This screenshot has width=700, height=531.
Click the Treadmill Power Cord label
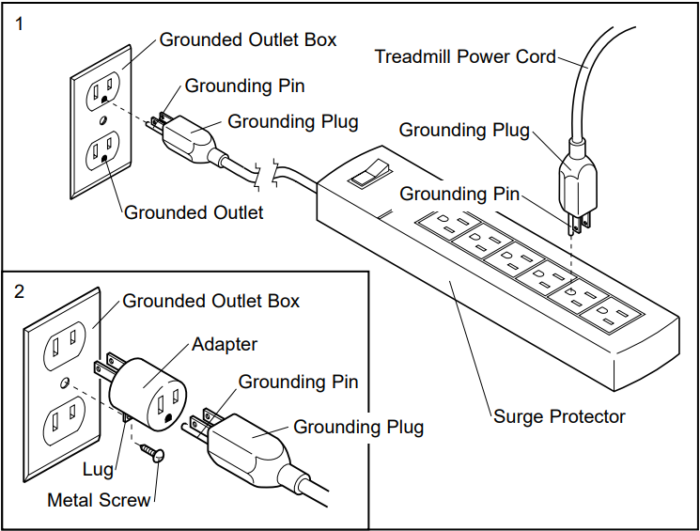pyautogui.click(x=465, y=56)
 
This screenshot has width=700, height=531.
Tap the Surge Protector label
pyautogui.click(x=559, y=415)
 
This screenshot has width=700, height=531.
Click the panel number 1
pyautogui.click(x=20, y=25)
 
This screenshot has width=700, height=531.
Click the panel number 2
pyautogui.click(x=20, y=290)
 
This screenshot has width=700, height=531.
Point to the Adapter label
pyautogui.click(x=225, y=344)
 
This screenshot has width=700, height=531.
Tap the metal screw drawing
pyautogui.click(x=151, y=453)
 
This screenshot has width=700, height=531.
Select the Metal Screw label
pyautogui.click(x=99, y=500)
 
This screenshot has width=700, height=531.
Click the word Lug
pyautogui.click(x=98, y=469)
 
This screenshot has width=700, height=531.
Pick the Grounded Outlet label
pyautogui.click(x=194, y=212)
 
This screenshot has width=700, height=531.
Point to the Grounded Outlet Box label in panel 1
pyautogui.click(x=247, y=39)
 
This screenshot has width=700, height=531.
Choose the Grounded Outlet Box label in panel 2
pyautogui.click(x=210, y=301)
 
